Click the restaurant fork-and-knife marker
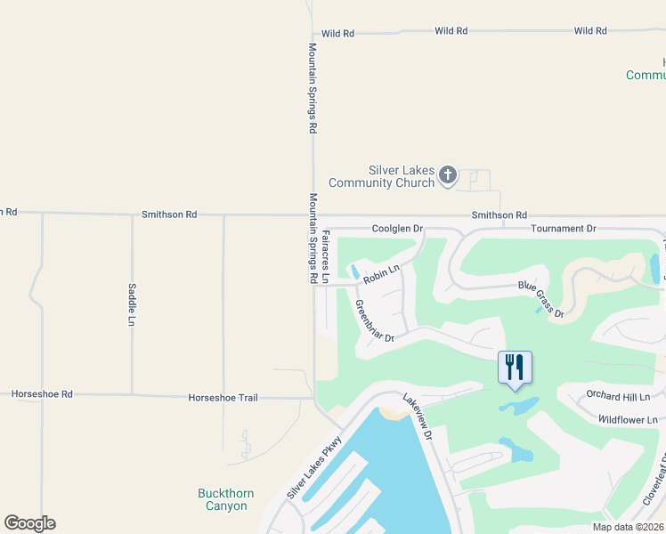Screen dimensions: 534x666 click(x=515, y=368)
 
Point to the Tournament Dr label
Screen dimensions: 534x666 click(x=563, y=229)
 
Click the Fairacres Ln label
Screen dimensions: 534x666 click(x=326, y=256)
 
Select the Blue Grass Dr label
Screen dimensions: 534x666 click(x=542, y=299)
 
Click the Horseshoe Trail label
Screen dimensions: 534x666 click(x=223, y=398)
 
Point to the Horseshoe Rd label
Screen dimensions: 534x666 click(x=42, y=393)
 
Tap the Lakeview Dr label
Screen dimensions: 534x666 click(x=417, y=417)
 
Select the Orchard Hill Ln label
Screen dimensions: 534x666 click(x=618, y=395)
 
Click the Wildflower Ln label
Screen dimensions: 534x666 click(x=627, y=419)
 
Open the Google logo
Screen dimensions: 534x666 click(x=29, y=523)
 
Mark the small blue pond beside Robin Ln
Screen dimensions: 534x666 click(x=355, y=271)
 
